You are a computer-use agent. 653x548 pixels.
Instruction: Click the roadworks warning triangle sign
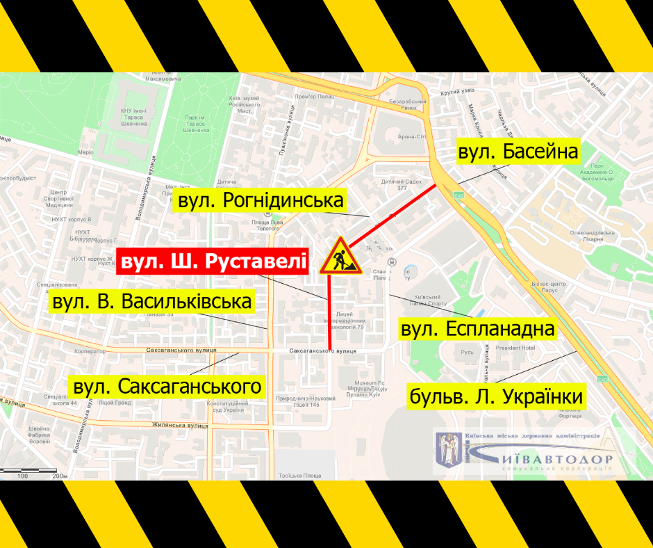[x=340, y=256]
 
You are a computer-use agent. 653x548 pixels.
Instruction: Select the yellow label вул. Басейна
[x=518, y=151]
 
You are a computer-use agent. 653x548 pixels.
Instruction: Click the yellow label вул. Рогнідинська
[x=261, y=202]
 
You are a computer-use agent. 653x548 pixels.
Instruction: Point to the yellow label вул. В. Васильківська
[x=152, y=303]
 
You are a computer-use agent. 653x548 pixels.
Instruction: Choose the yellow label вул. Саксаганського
[x=168, y=387]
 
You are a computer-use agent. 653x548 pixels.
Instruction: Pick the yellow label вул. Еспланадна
[x=478, y=329]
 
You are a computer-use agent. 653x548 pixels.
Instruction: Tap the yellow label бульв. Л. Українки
[x=495, y=397]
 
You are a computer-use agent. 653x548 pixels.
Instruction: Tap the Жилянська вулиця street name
[x=158, y=422]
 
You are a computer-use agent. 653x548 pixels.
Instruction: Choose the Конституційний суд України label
[x=223, y=405]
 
